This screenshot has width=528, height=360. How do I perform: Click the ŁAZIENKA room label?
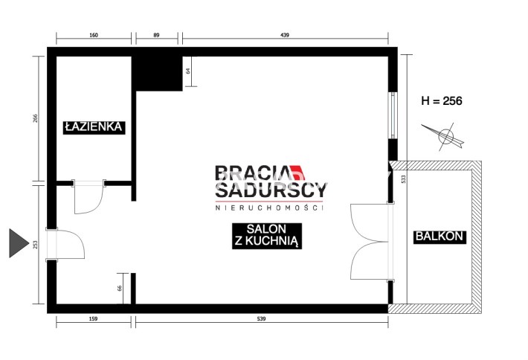[x=94, y=127]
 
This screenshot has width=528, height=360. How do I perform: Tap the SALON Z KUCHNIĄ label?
[x=267, y=236]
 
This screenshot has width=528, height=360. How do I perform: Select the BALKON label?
[x=440, y=237]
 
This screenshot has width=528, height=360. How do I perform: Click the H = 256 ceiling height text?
[x=442, y=100]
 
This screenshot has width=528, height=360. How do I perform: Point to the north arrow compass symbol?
[x=445, y=136]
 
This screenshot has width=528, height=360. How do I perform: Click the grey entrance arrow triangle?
[x=19, y=242]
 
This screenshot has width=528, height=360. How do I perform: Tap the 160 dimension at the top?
[x=94, y=35]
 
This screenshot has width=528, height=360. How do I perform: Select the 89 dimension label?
[x=156, y=35]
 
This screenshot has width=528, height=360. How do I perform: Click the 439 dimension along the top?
[x=285, y=35]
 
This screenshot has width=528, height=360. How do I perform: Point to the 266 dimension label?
[x=36, y=118]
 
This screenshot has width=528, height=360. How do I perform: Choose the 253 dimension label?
[x=36, y=245]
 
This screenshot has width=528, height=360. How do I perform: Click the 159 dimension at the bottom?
[x=93, y=318]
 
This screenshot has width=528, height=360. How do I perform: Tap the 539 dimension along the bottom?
[x=261, y=318]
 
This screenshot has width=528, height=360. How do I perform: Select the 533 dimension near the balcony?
[x=404, y=179]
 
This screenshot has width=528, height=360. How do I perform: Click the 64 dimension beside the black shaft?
[x=188, y=71]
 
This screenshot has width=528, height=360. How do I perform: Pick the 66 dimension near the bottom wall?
[x=119, y=289]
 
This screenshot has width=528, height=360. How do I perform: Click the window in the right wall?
[x=393, y=115]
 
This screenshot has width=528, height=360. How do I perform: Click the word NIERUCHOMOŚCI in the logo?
[x=269, y=208]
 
